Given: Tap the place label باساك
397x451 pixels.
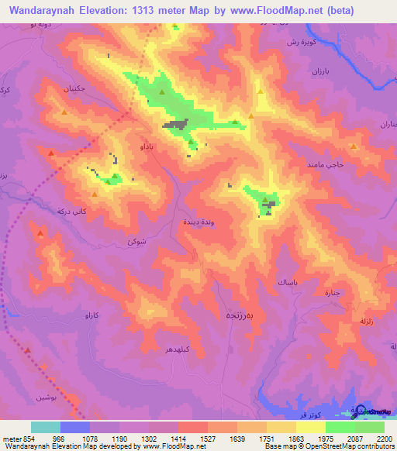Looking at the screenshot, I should [x=285, y=284].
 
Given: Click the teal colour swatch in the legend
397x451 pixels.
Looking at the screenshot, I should [x=46, y=427].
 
